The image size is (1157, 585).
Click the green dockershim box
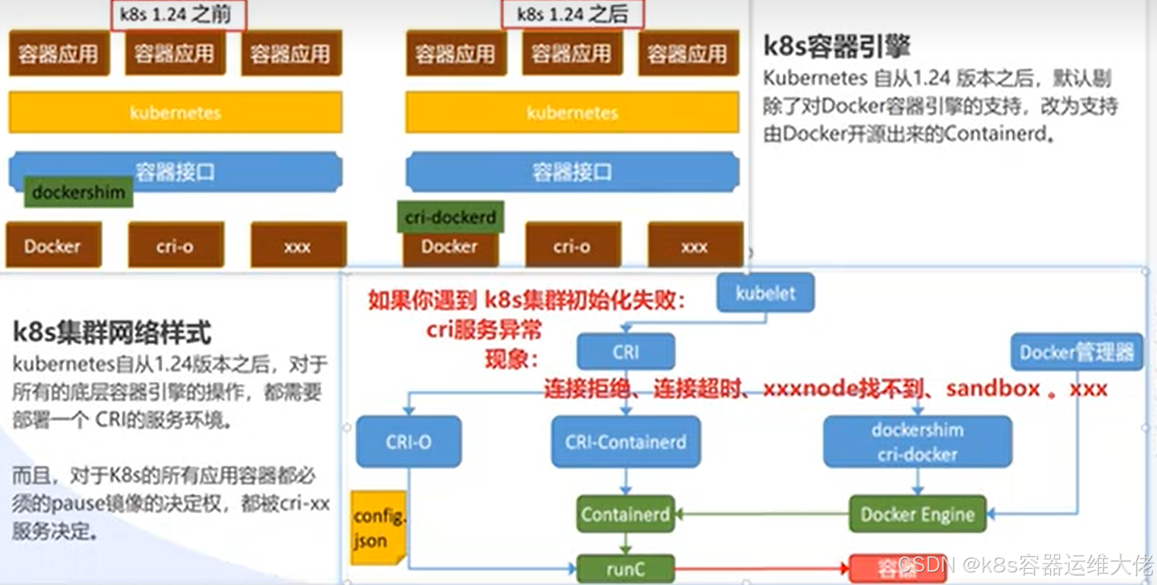coord(78,192)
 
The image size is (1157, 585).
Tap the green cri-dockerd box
coord(451,217)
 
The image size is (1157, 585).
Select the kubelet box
coord(765,293)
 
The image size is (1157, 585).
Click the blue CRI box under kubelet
coord(626,352)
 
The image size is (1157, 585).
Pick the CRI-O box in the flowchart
coord(409,442)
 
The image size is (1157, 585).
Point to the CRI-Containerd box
coord(626,442)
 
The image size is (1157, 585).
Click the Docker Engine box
coord(917,514)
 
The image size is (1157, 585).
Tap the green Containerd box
coord(626,514)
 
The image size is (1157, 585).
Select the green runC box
coord(626,569)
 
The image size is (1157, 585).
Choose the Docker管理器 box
coord(1076,352)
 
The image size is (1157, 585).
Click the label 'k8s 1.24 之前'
coord(176,15)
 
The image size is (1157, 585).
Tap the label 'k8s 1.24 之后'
coord(573,15)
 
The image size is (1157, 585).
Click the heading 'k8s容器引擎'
coord(837,46)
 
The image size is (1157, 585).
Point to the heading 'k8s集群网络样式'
coord(112,333)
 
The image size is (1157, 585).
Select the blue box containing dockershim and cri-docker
coord(917,442)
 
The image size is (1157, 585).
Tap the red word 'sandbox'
coord(992,389)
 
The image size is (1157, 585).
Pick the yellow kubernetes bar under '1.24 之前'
coord(175,113)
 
